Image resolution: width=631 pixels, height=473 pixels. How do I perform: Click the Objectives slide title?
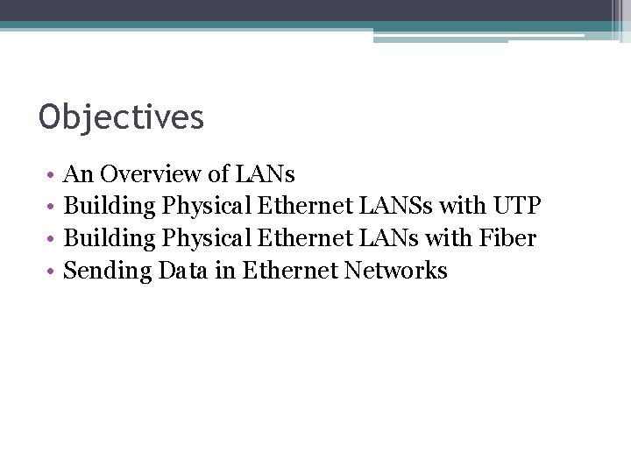[x=121, y=117]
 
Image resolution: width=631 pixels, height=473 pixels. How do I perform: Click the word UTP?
[x=517, y=207]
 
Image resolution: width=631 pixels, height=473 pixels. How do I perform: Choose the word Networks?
[x=395, y=271]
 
